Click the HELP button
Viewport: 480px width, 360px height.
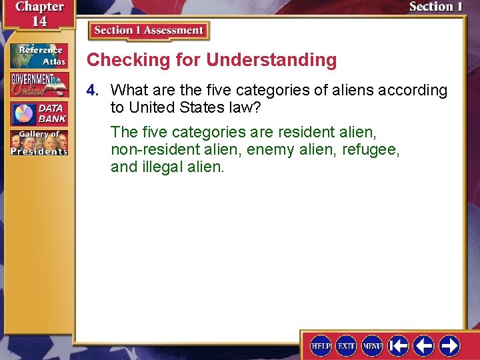point(321,345)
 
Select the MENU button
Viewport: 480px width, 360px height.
point(372,345)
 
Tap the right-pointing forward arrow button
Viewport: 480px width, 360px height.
point(449,345)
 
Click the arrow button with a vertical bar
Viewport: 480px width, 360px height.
point(399,345)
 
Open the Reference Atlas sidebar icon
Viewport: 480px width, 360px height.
point(38,55)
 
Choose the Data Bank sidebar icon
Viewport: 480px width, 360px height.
point(38,113)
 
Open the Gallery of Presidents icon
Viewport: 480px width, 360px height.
point(38,143)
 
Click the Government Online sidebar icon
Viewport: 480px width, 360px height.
point(38,84)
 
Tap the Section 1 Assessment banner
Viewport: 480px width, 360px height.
point(149,31)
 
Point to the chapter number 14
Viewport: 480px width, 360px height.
point(39,21)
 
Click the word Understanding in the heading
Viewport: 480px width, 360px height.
point(271,60)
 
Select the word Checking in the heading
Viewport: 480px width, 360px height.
point(121,60)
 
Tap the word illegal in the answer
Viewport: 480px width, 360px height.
point(163,167)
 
